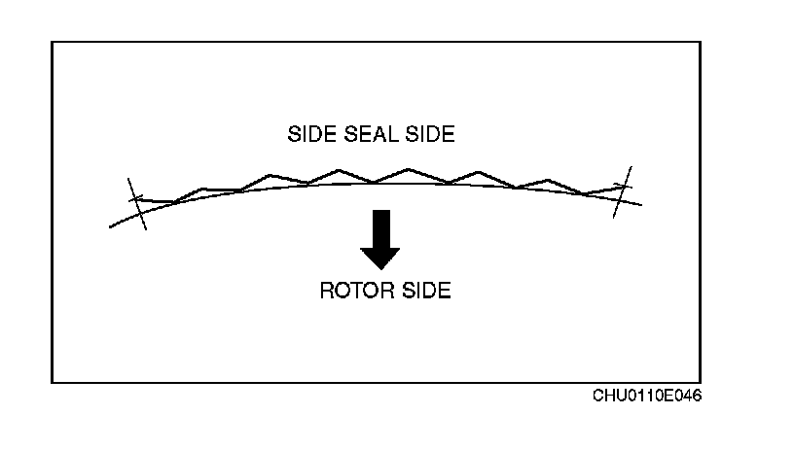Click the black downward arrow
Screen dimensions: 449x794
(380, 239)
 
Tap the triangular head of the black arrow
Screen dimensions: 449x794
(380, 258)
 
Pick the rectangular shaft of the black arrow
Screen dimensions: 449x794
(380, 227)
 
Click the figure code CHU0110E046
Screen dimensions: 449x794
(647, 397)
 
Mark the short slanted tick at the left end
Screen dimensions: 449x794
(137, 203)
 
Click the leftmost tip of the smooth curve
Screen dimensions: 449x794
(110, 227)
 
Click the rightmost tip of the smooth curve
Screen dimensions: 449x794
(642, 204)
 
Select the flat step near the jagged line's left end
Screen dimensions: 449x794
(221, 190)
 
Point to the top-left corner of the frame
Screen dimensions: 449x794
(52, 42)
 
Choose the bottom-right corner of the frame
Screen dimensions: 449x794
(701, 382)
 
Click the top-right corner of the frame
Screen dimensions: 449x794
(701, 42)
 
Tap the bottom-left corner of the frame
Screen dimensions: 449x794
(52, 382)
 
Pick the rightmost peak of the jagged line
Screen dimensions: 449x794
(549, 180)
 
